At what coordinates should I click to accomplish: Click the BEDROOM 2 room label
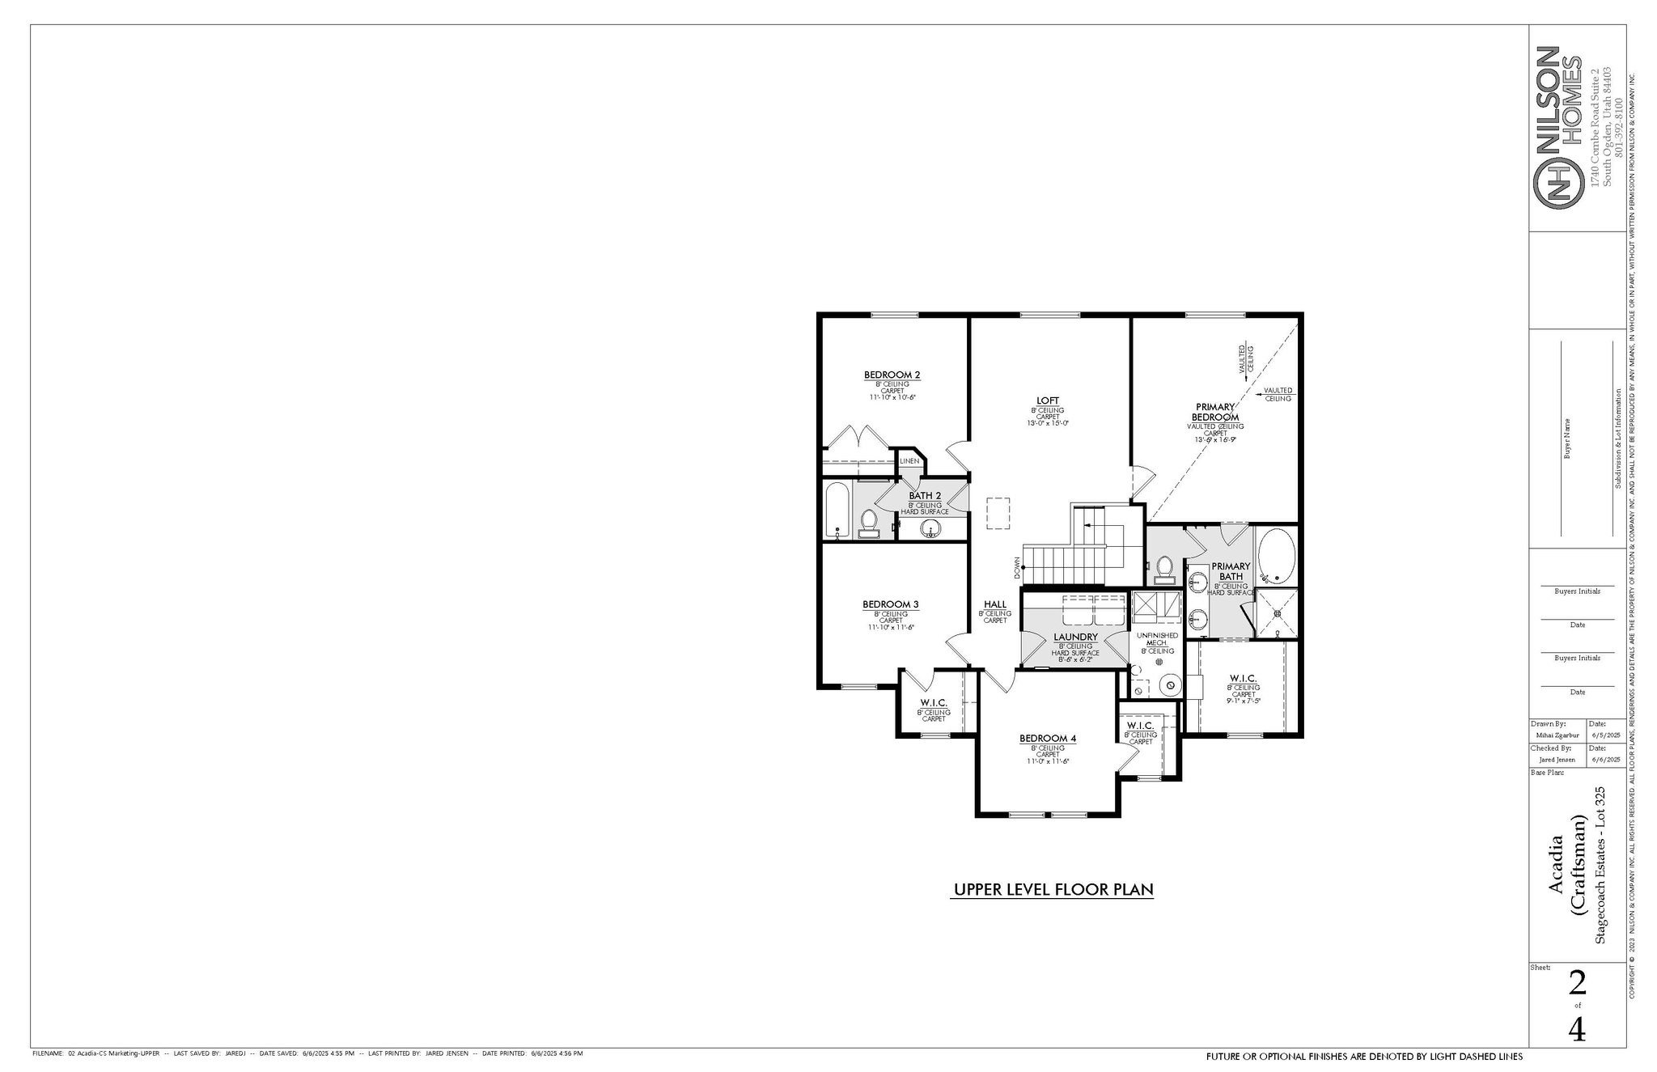(x=892, y=375)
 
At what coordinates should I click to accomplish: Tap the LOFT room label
(x=1048, y=400)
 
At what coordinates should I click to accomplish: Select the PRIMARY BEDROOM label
(x=1215, y=412)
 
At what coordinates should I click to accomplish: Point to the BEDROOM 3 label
(x=890, y=604)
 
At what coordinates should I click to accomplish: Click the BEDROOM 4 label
(x=1047, y=739)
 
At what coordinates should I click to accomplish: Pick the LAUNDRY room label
(x=1075, y=637)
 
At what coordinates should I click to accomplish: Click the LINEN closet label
(x=909, y=461)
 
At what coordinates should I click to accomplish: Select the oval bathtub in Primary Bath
(x=1277, y=556)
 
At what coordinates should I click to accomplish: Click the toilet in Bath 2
(x=869, y=523)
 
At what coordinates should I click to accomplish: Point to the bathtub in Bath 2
(x=837, y=511)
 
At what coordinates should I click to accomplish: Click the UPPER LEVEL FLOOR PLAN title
(x=1053, y=890)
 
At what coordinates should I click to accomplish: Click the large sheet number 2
(x=1577, y=984)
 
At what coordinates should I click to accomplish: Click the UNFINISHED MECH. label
(x=1157, y=638)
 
